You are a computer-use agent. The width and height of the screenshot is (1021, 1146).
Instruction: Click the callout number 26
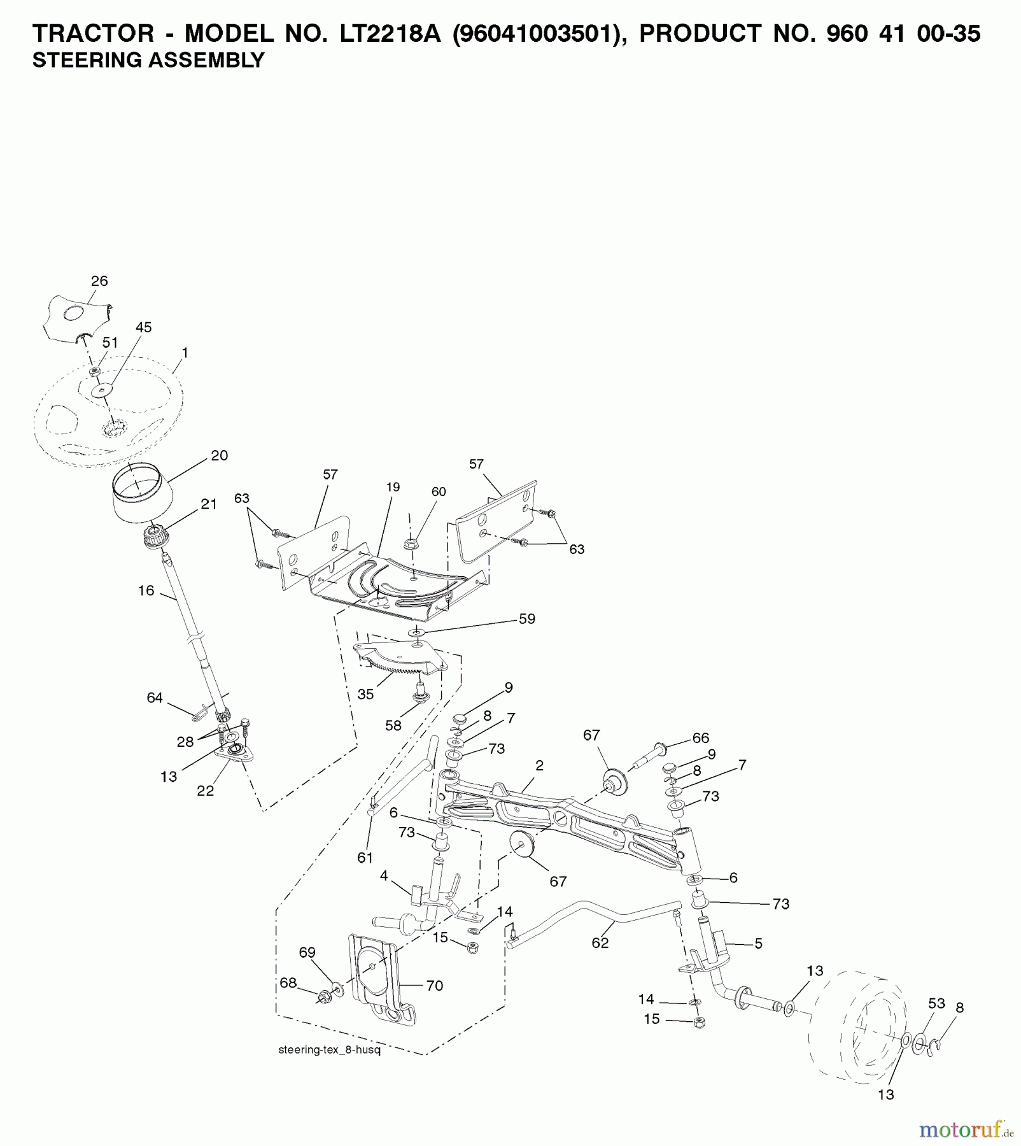[99, 281]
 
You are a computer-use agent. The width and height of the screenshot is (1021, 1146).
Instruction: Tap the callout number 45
[144, 327]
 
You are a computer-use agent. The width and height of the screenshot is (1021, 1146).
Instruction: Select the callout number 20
[219, 456]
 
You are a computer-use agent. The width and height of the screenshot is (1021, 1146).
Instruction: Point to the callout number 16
[146, 591]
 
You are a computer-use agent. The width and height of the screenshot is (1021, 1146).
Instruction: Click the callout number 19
[393, 487]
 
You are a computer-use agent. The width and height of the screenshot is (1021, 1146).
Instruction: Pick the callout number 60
[439, 492]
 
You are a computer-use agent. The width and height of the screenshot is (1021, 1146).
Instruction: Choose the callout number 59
[527, 619]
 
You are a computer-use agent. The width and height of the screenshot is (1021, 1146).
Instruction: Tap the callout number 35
[365, 694]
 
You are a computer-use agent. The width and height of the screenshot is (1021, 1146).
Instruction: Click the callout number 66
[701, 738]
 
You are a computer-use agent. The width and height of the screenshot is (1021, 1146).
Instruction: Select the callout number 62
[600, 943]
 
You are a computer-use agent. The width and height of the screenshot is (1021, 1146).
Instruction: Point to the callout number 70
[435, 986]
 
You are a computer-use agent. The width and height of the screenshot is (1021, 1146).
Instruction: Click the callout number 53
[936, 1003]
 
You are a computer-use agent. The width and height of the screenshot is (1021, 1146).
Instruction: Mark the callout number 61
[365, 858]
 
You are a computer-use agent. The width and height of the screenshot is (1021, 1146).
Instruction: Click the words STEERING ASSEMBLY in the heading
[148, 60]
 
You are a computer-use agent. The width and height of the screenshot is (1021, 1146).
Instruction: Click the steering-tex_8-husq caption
[329, 1050]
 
